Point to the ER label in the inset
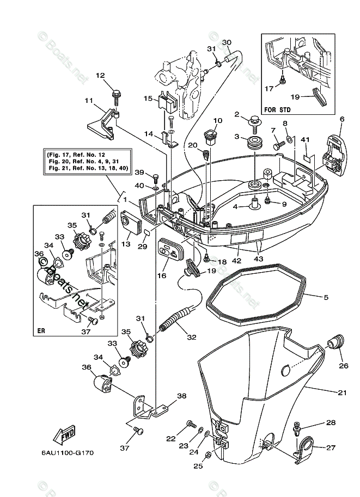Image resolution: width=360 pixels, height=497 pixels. pyautogui.click(x=41, y=330)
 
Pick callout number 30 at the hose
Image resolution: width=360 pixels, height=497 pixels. pyautogui.click(x=227, y=42)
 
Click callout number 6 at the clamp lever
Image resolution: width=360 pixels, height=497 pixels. pyautogui.click(x=342, y=119)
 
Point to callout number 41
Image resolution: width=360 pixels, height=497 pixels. pyautogui.click(x=306, y=140)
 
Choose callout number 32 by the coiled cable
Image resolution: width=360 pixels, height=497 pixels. pyautogui.click(x=191, y=337)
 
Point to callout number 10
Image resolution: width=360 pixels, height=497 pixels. pyautogui.click(x=218, y=121)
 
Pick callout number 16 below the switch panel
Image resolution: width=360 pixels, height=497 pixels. pyautogui.click(x=162, y=277)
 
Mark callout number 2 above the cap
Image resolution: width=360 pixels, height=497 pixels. pyautogui.click(x=237, y=114)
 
